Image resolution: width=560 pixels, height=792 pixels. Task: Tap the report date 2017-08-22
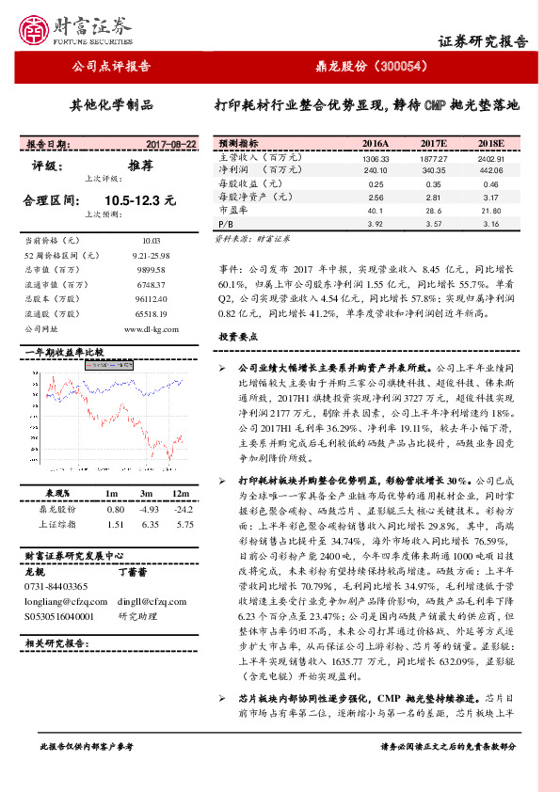[171, 145]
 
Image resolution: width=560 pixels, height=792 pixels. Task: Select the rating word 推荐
[140, 166]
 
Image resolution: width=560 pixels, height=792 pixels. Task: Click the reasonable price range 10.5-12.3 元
[140, 200]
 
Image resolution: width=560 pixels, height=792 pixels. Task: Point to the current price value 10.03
[152, 242]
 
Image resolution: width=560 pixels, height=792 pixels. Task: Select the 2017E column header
[433, 144]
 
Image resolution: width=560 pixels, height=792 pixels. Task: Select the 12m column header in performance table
[177, 494]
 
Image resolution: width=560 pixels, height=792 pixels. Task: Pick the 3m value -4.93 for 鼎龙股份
[145, 508]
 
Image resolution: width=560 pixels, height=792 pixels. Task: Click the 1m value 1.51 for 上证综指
[116, 524]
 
